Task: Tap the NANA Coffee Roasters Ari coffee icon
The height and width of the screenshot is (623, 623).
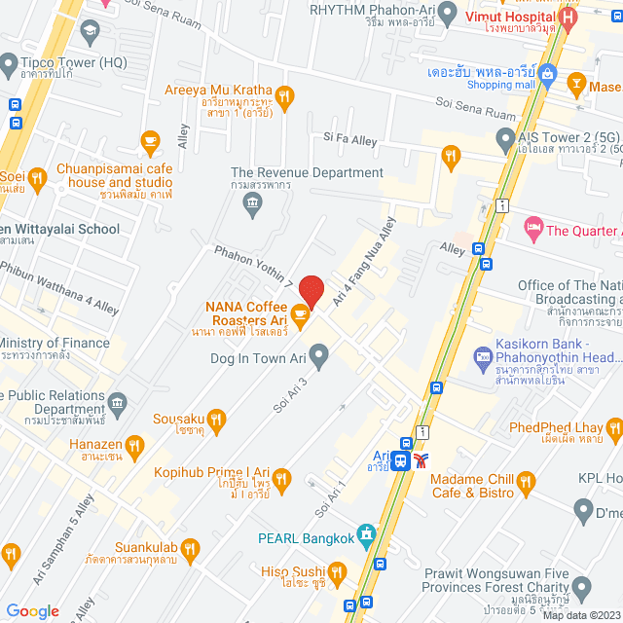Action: [x=301, y=313]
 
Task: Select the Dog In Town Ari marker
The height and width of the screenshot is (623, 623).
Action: [x=317, y=352]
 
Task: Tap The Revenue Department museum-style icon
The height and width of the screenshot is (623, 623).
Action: [x=252, y=202]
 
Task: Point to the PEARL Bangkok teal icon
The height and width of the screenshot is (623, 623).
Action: [x=366, y=534]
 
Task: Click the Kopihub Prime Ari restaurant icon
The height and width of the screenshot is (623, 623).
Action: [x=282, y=477]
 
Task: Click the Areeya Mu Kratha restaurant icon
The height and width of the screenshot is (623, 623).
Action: [x=284, y=95]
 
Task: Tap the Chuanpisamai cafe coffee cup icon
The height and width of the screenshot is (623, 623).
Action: [x=150, y=142]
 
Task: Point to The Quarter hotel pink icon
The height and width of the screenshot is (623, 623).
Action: [x=532, y=230]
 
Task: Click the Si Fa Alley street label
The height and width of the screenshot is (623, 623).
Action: [x=351, y=141]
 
